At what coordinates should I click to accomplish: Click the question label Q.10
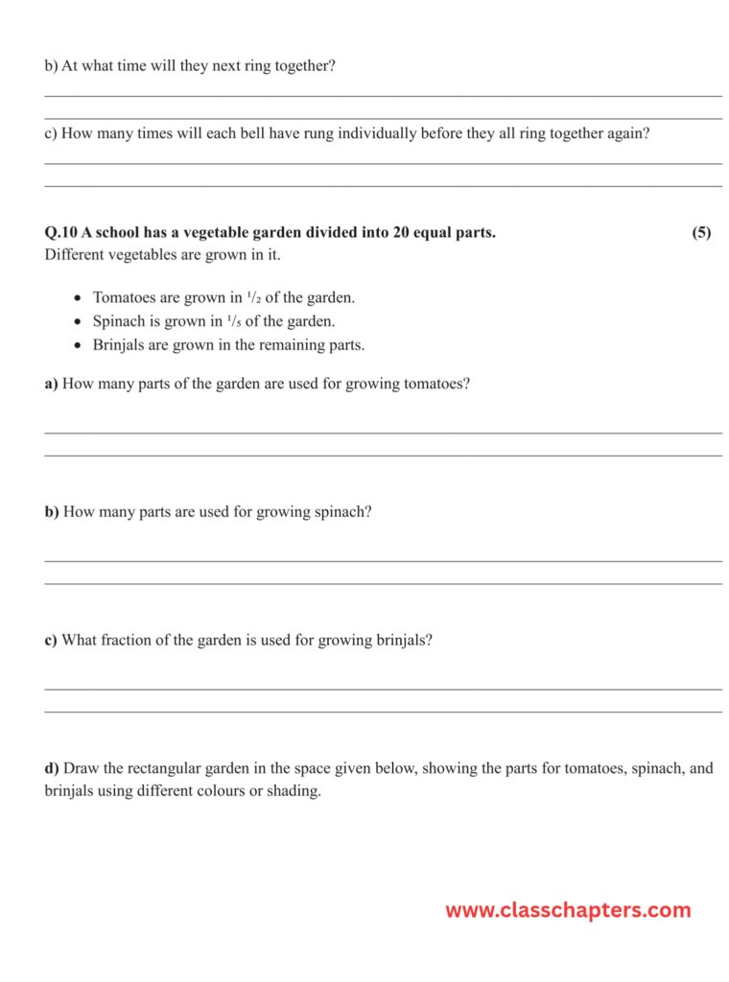61,233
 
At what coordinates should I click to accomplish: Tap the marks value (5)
701,233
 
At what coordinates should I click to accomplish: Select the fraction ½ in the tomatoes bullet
254,297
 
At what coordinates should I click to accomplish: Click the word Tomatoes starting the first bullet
126,297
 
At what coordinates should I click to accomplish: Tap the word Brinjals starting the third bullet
119,345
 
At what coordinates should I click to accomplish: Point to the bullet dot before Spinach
79,322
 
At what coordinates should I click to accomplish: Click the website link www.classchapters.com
567,910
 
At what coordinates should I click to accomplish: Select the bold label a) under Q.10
51,384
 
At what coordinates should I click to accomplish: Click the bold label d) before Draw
52,768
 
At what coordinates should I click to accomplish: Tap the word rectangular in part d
176,768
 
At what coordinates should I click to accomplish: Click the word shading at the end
294,792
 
